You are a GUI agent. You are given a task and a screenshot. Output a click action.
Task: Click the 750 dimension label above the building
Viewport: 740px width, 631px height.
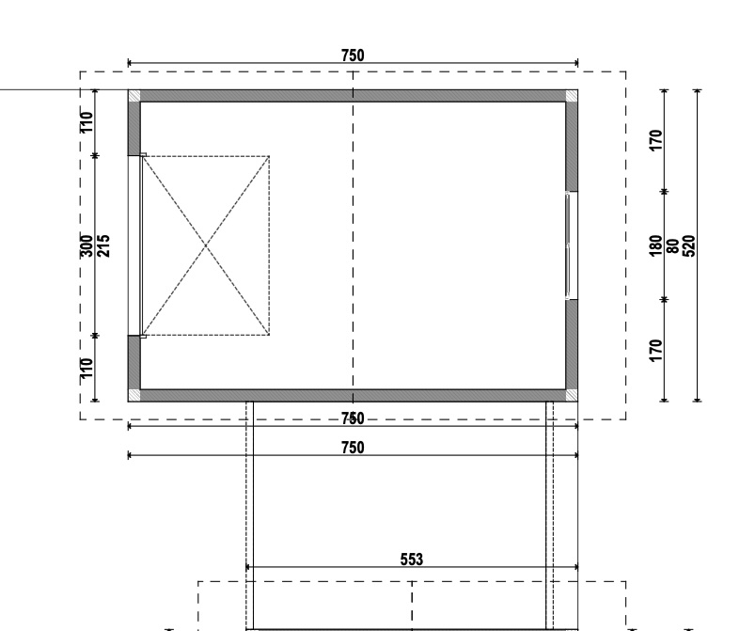coord(353,55)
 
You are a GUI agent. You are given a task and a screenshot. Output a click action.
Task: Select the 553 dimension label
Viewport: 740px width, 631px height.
coord(411,560)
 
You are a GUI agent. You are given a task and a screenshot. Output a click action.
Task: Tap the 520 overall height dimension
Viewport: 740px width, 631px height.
coord(689,245)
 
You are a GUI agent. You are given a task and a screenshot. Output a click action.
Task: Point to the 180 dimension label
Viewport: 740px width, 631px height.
coord(655,245)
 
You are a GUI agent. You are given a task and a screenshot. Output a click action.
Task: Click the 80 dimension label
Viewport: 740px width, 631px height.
coord(672,245)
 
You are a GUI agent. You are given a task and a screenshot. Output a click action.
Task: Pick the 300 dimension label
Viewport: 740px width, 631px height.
coord(87,245)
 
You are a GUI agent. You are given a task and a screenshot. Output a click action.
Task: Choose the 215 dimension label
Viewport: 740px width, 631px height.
coord(103,245)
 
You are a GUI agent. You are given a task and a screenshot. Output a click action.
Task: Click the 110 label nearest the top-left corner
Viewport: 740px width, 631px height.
coord(87,122)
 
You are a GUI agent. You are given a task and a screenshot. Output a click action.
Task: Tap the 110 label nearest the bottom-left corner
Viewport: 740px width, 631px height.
coord(87,369)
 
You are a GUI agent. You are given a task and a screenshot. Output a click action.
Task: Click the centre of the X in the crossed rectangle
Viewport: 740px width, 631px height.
coord(205,245)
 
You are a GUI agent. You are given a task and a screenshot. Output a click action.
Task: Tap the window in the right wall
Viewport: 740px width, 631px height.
coord(569,245)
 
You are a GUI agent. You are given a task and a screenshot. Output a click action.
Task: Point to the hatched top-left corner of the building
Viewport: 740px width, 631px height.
coord(134,95)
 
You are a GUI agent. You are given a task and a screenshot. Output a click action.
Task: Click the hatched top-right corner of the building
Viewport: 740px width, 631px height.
coord(572,95)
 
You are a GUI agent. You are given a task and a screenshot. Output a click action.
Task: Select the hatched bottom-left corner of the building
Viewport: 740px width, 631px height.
coord(134,395)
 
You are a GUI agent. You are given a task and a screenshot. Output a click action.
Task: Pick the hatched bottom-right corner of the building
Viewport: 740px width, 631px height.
coord(572,395)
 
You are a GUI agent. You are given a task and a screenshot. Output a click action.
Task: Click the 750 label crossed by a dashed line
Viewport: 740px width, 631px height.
coord(353,418)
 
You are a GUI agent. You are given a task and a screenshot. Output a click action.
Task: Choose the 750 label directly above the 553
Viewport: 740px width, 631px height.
coord(353,448)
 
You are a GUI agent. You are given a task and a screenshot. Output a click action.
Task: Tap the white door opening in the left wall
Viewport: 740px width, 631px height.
coord(134,245)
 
